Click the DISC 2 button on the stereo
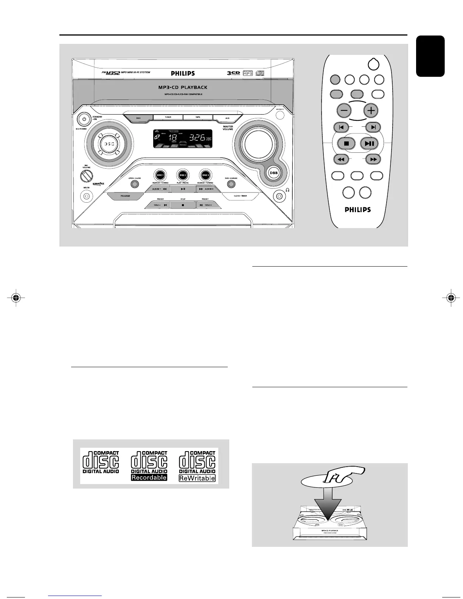tap(183, 175)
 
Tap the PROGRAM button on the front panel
tap(125, 196)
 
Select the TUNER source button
tap(168, 117)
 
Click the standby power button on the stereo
tap(84, 119)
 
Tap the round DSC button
tap(109, 144)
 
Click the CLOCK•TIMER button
tap(240, 196)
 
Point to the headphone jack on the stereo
tap(280, 196)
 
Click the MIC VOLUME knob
tap(87, 176)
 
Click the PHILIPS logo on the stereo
tap(183, 73)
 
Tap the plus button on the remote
tap(371, 110)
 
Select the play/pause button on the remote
tap(370, 143)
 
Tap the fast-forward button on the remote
tap(373, 159)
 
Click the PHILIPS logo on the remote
tap(357, 209)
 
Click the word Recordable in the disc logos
tap(149, 478)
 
